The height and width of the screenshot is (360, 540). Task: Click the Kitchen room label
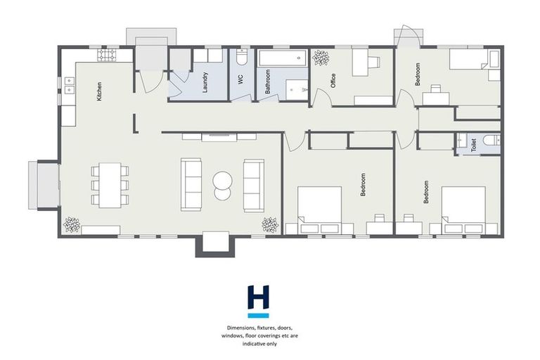[x=100, y=91]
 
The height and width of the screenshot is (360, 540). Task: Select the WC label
[x=240, y=80]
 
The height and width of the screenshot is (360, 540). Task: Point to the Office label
[x=332, y=81]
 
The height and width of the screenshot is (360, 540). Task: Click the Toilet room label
[x=474, y=145]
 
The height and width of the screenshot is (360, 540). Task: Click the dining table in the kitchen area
[x=110, y=184]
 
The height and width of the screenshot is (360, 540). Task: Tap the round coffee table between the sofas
[x=223, y=182]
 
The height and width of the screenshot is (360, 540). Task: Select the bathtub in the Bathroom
[x=282, y=59]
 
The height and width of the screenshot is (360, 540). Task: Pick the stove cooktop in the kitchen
[x=109, y=55]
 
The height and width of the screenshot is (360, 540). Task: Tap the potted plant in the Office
[x=321, y=58]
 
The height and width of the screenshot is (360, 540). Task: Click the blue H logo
[x=259, y=297]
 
